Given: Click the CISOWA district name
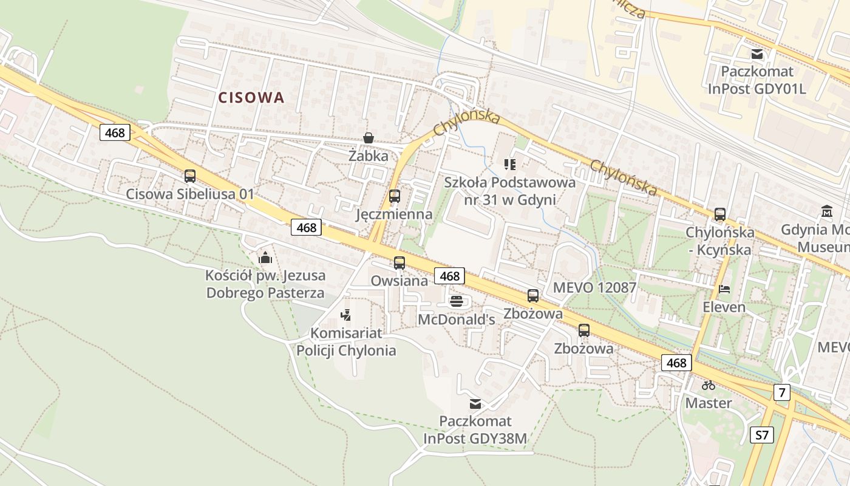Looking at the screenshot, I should [x=251, y=98].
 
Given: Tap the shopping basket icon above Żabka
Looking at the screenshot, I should [x=369, y=138].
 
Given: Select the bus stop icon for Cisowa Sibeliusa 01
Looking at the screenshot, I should [x=190, y=176].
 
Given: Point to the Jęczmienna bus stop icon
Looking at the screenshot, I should [x=395, y=196].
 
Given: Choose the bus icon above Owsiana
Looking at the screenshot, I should [x=399, y=263].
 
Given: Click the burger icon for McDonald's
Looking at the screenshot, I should [x=457, y=301].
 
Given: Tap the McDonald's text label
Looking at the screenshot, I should [x=457, y=320].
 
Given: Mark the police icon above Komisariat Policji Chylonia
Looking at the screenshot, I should [x=345, y=315].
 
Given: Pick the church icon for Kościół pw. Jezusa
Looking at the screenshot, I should [x=265, y=258].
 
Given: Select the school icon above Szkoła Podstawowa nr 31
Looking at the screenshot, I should [x=509, y=164].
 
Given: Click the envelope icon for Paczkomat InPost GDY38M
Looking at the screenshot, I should [x=475, y=403].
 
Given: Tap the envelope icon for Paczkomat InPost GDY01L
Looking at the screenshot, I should [x=756, y=53].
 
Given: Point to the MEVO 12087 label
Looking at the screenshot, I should [x=594, y=287].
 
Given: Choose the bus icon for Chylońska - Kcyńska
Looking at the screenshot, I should [x=719, y=214].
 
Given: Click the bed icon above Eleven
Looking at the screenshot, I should [x=724, y=289].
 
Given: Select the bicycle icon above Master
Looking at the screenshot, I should [x=708, y=385].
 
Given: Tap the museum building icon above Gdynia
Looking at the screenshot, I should [x=826, y=211].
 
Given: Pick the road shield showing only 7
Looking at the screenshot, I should [x=782, y=392].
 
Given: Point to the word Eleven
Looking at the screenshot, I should [x=724, y=307].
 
